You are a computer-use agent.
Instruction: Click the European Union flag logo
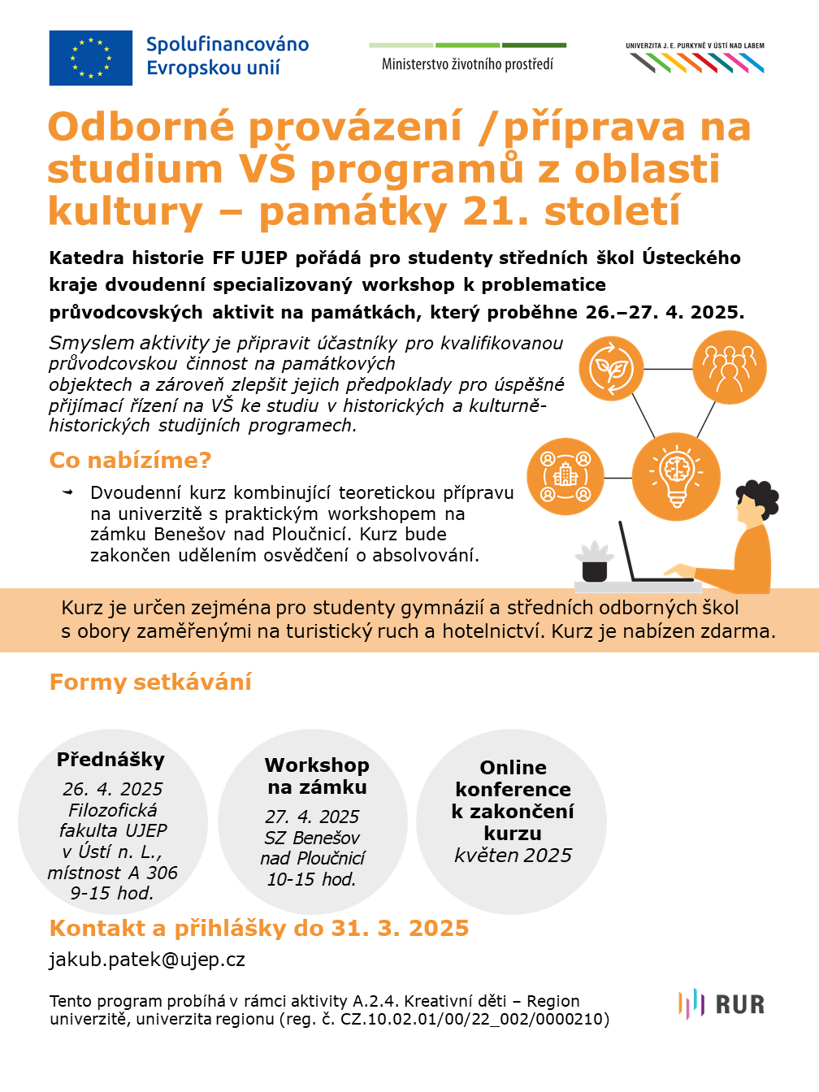point(90,58)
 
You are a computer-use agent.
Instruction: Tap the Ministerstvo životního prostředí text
point(467,64)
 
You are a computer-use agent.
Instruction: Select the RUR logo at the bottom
point(721,1004)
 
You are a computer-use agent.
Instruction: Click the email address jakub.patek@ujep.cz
point(147,960)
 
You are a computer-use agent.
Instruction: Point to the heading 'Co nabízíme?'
point(130,461)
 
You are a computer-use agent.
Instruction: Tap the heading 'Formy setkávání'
point(150,682)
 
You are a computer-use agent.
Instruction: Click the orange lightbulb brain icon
point(676,477)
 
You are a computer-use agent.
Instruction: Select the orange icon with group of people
point(729,367)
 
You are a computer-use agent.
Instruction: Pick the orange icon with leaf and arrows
point(611,369)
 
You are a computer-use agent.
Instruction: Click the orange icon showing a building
point(565,477)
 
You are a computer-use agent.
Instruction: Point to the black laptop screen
point(627,551)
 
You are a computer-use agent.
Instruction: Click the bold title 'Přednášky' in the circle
point(110,760)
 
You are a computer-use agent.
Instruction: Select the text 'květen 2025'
point(513,856)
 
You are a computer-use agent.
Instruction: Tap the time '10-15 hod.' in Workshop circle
point(312,879)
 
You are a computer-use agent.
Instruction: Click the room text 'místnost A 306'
point(112,873)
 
